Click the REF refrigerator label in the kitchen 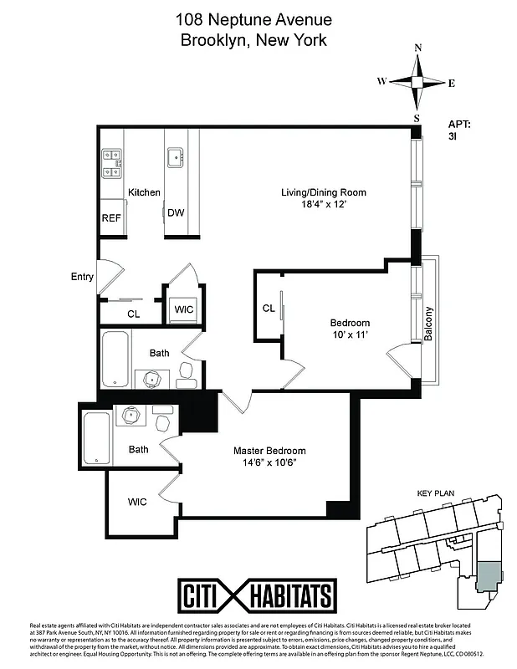click(x=111, y=217)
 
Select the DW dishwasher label click(x=175, y=213)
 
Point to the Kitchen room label click(x=144, y=192)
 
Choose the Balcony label click(x=429, y=324)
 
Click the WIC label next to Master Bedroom click(x=137, y=502)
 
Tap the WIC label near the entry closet click(x=183, y=309)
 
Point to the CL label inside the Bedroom click(x=269, y=309)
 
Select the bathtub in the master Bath click(x=96, y=438)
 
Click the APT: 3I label click(x=460, y=132)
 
